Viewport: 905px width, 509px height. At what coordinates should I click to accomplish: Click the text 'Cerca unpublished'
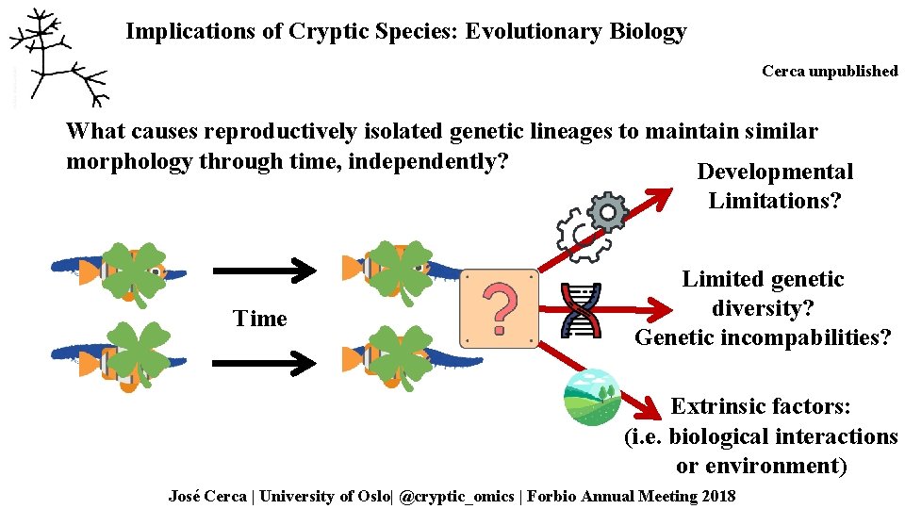pyautogui.click(x=830, y=72)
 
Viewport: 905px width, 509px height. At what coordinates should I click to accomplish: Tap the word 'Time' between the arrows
pyautogui.click(x=259, y=319)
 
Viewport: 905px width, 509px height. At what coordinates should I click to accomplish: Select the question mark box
pyautogui.click(x=499, y=308)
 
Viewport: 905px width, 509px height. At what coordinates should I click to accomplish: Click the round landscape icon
pyautogui.click(x=591, y=398)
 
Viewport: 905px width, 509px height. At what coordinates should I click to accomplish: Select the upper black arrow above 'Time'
pyautogui.click(x=264, y=271)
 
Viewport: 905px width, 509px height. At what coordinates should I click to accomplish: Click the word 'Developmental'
pyautogui.click(x=774, y=172)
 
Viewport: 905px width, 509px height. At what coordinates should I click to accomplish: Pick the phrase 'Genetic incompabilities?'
pyautogui.click(x=762, y=337)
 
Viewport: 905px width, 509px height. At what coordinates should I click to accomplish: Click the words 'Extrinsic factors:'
pyautogui.click(x=761, y=406)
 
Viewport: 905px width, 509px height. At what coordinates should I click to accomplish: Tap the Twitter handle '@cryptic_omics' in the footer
pyautogui.click(x=457, y=496)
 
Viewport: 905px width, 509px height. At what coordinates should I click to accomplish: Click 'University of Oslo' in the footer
pyautogui.click(x=324, y=496)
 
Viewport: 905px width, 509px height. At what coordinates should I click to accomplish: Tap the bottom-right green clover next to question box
pyautogui.click(x=400, y=357)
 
